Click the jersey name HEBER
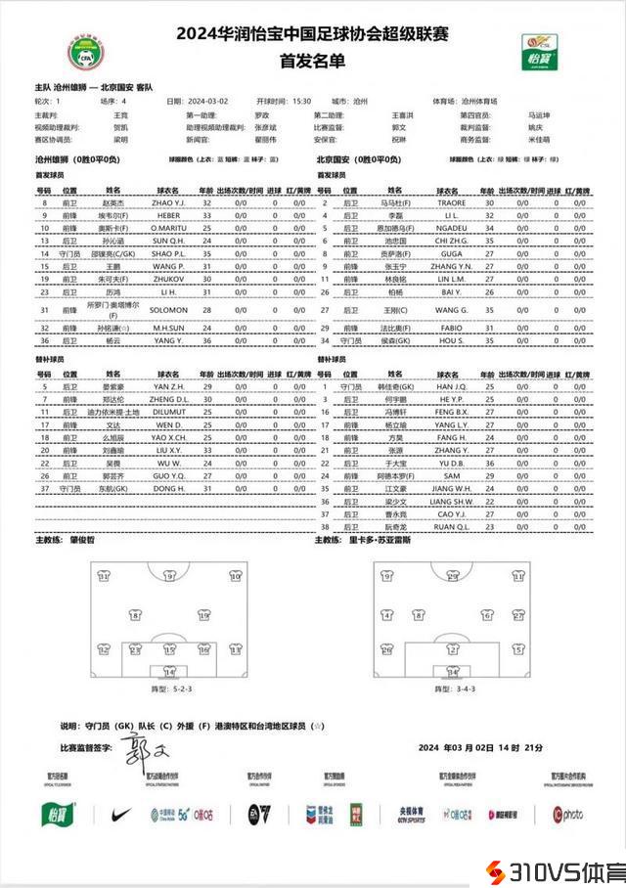tap(168, 214)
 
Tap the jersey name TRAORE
tap(449, 201)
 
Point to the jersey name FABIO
tap(449, 329)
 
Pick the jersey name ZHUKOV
tap(168, 279)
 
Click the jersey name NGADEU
tap(449, 227)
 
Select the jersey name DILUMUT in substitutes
tap(168, 412)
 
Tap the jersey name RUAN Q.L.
tap(449, 526)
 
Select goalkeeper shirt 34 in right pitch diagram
tap(452, 672)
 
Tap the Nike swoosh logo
tap(120, 814)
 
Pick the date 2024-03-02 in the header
tap(207, 101)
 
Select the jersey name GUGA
tap(449, 252)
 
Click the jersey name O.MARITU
tap(168, 227)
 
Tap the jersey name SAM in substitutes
tap(449, 475)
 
